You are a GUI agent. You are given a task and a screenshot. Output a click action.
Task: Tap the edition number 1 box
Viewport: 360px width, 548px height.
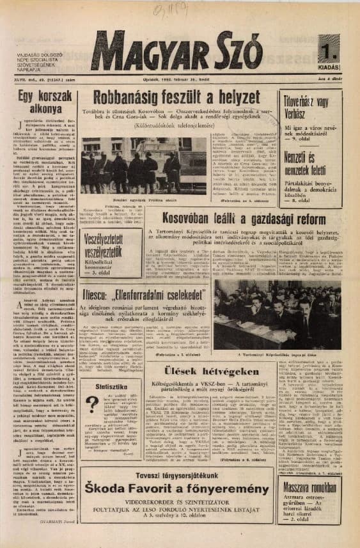[x=329, y=48]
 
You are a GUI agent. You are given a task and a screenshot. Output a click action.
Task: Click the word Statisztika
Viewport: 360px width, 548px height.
[x=107, y=386]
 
